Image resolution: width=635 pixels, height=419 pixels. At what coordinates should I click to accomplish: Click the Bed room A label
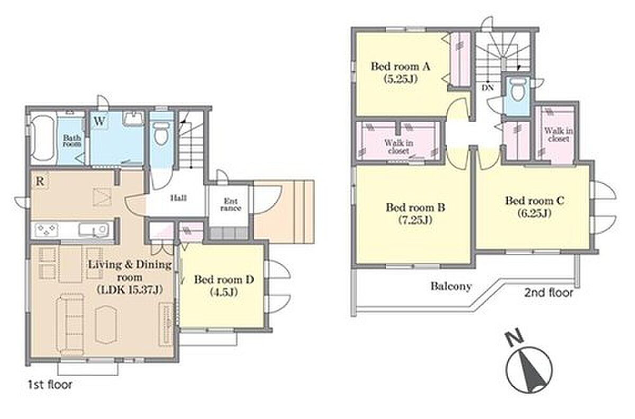(x=401, y=67)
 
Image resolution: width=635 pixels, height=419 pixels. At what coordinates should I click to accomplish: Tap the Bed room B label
(x=415, y=208)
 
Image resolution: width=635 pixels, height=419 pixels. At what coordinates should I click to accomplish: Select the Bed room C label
(x=535, y=201)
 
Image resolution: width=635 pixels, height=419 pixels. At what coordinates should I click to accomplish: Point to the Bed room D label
(x=224, y=280)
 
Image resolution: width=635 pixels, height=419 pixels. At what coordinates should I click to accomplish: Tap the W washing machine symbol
(x=99, y=122)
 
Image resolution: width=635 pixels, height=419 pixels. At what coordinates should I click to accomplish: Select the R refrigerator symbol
(x=40, y=181)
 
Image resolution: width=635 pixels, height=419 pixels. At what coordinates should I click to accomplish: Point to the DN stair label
(x=487, y=88)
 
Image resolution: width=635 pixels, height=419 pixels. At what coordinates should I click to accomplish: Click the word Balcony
(x=451, y=286)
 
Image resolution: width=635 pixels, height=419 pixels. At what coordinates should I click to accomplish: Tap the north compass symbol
(x=529, y=367)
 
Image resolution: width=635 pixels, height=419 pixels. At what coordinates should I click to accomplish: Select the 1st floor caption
(x=50, y=385)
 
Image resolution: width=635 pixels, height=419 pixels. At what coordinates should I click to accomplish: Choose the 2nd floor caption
(x=549, y=293)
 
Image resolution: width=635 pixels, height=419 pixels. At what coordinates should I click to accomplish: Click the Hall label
(x=178, y=197)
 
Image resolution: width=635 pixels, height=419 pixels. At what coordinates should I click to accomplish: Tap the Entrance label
(x=231, y=205)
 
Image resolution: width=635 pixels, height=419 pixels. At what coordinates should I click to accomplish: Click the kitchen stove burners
(x=46, y=230)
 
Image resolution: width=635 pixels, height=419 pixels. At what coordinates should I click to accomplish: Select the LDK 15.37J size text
(x=129, y=290)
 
